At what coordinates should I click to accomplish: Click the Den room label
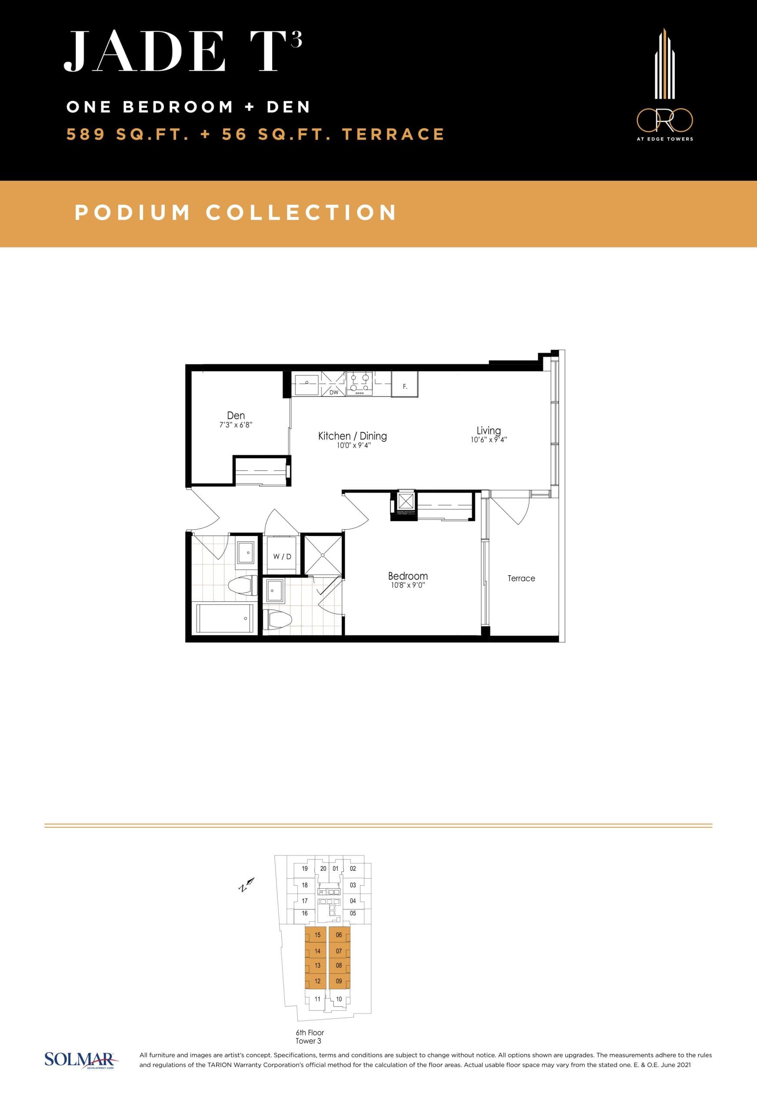click(x=236, y=416)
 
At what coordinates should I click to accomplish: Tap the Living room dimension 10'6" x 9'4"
click(x=488, y=440)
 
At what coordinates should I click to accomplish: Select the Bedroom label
click(x=407, y=576)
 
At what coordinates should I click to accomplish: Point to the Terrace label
click(x=521, y=579)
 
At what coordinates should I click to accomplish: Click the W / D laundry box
click(x=282, y=556)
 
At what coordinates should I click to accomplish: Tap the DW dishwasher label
click(x=334, y=392)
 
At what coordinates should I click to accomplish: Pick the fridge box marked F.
click(x=405, y=387)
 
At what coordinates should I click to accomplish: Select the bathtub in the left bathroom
click(x=224, y=618)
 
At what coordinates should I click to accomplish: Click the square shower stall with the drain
click(x=323, y=555)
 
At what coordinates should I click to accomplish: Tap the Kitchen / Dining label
click(x=352, y=436)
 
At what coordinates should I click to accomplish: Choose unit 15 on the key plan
click(x=317, y=935)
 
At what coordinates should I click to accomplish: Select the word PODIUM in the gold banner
click(x=133, y=213)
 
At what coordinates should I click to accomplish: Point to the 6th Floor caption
click(x=309, y=1033)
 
